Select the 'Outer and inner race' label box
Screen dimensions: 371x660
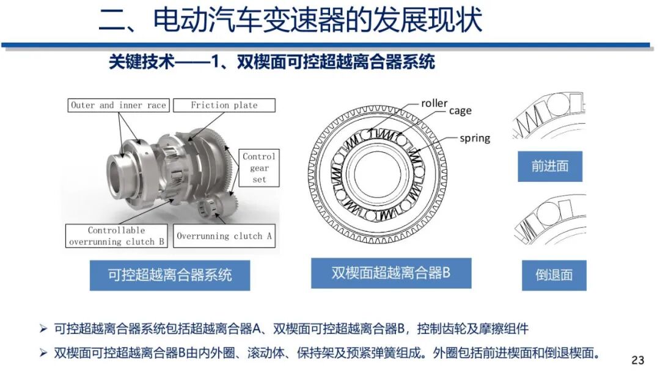click(118, 105)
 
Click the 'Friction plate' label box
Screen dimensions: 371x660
click(224, 105)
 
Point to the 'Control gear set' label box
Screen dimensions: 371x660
click(259, 168)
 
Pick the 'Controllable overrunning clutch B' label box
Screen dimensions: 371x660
click(117, 236)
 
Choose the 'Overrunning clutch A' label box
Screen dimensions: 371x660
click(224, 236)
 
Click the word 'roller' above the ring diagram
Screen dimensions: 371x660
click(434, 103)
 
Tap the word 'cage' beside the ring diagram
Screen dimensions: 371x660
click(460, 110)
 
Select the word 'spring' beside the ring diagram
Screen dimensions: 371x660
click(475, 138)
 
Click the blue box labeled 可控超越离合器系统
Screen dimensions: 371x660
click(170, 275)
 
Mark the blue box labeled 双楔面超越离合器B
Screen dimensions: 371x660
click(391, 273)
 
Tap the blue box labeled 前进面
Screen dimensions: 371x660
click(550, 166)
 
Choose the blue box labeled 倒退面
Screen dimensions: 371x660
click(554, 275)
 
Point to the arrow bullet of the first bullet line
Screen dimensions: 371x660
click(43, 330)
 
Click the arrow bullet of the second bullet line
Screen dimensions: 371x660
click(43, 353)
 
